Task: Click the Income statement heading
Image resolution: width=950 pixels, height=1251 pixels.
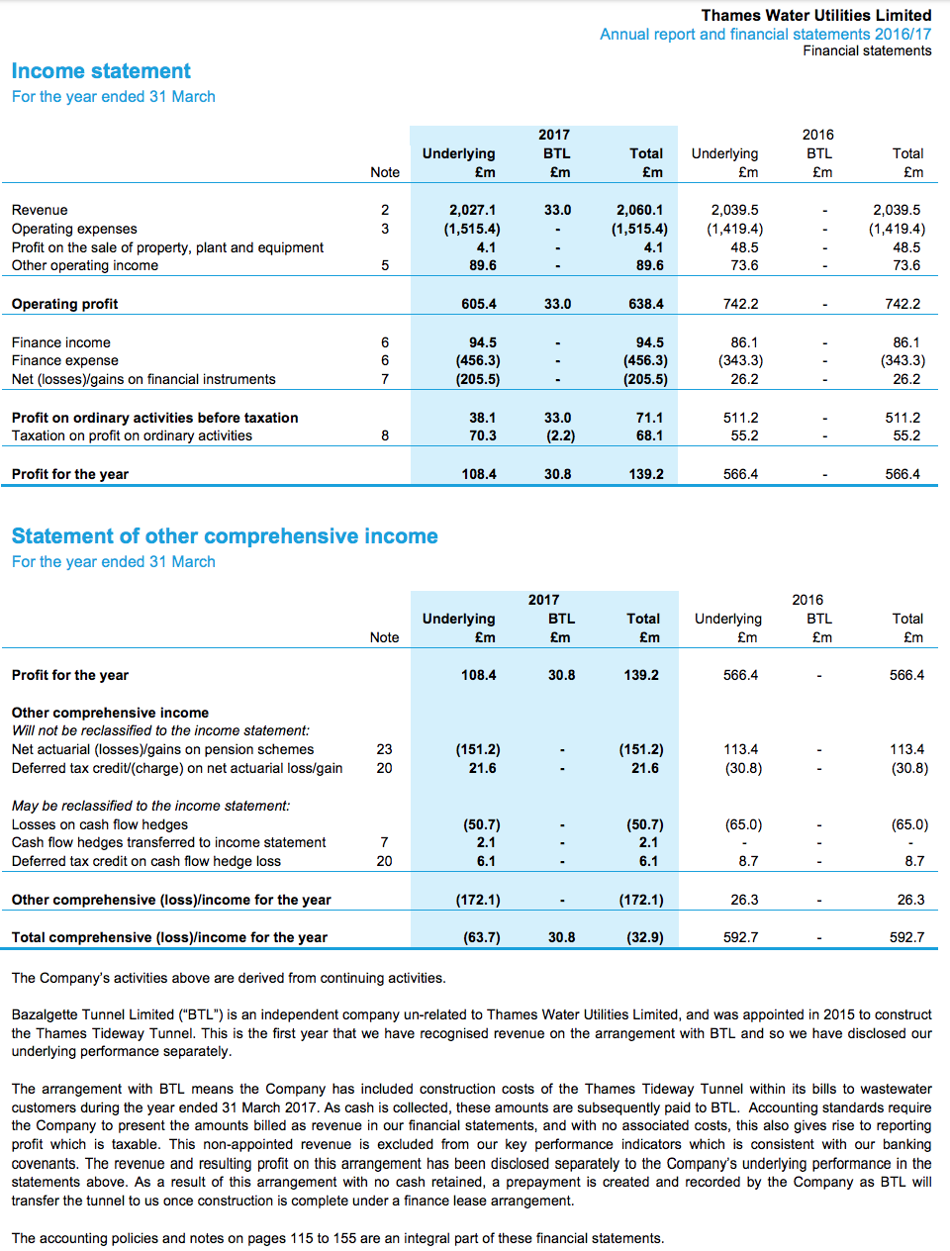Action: click(x=101, y=71)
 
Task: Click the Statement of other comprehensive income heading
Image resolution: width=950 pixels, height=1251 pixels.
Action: click(x=225, y=536)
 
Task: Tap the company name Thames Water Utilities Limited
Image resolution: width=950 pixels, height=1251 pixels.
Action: click(x=815, y=15)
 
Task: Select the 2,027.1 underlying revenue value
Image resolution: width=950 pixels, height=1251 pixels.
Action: click(x=472, y=210)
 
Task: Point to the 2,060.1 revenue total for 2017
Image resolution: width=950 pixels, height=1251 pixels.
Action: click(x=639, y=210)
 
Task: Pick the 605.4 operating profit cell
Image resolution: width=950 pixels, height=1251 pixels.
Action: click(x=479, y=304)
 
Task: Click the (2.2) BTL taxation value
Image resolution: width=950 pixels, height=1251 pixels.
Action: click(x=560, y=435)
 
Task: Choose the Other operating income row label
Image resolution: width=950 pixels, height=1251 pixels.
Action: click(x=85, y=265)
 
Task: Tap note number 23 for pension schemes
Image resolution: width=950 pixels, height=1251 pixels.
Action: click(x=384, y=749)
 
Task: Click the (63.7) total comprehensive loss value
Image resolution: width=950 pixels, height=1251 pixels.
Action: click(x=482, y=937)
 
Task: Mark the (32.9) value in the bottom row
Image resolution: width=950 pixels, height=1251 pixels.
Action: click(x=645, y=937)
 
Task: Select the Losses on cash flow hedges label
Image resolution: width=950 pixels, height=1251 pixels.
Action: click(x=100, y=824)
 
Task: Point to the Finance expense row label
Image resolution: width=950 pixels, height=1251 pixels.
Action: click(x=65, y=360)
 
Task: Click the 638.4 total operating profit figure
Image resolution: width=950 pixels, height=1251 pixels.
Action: click(x=646, y=304)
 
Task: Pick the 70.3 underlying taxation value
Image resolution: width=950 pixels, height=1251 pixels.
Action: click(x=483, y=435)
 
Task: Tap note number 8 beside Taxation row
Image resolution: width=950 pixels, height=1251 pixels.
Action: click(x=385, y=435)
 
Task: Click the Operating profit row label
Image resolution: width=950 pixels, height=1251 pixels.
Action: click(x=65, y=304)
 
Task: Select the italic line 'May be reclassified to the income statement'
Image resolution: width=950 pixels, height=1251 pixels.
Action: click(x=151, y=806)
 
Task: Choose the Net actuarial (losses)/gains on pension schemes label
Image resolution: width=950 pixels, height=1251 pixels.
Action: click(x=163, y=749)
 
